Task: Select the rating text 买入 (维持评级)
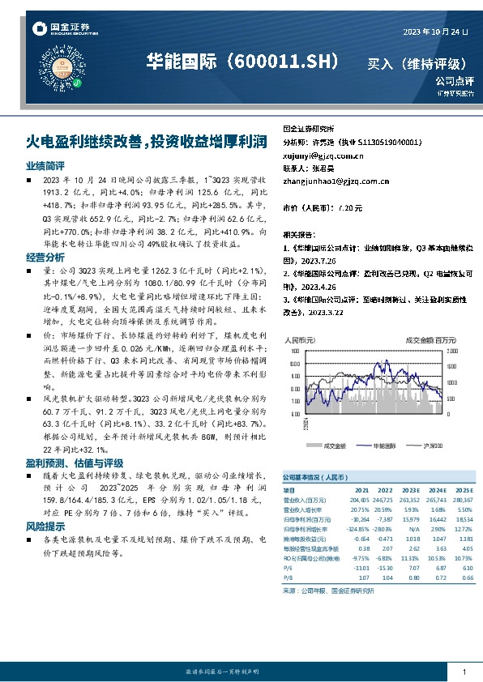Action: [416, 63]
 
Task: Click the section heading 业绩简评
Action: [40, 164]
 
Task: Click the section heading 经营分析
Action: [40, 257]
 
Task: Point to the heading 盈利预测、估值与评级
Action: [63, 462]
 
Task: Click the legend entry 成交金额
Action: [334, 445]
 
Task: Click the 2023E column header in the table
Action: [412, 489]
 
